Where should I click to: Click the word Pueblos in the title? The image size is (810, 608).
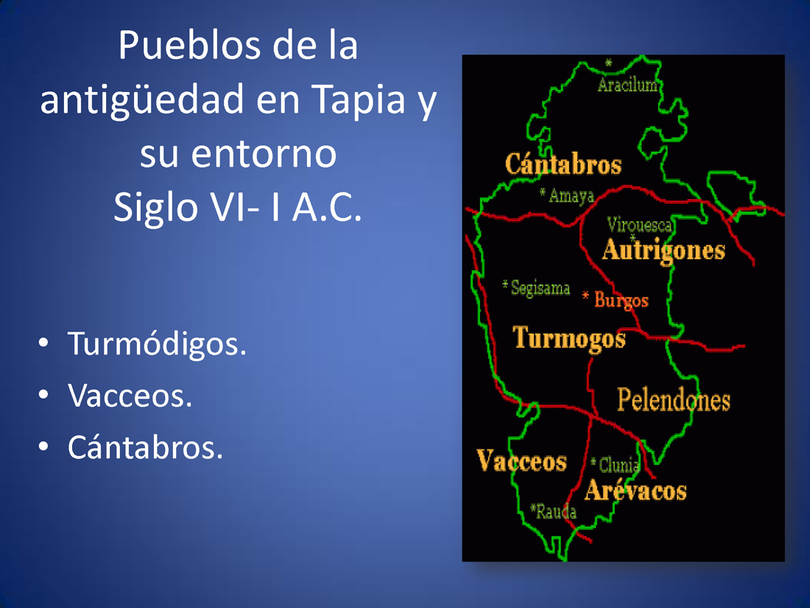click(x=189, y=45)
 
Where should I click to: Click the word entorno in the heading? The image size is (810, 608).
click(x=264, y=155)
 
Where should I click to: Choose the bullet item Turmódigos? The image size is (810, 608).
click(x=157, y=344)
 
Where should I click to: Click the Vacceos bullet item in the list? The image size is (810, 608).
click(x=130, y=396)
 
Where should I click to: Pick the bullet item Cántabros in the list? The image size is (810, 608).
click(x=145, y=447)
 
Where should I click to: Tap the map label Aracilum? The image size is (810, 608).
click(x=627, y=85)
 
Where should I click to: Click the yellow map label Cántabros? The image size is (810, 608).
click(x=563, y=164)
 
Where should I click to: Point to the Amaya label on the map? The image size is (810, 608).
click(x=571, y=195)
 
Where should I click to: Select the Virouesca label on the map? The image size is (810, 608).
click(x=639, y=224)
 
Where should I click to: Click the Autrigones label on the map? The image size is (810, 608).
click(x=663, y=251)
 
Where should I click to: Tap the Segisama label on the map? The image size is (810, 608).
click(x=540, y=287)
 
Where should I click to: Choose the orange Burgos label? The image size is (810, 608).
click(x=621, y=301)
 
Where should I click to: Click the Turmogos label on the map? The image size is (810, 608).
click(x=568, y=339)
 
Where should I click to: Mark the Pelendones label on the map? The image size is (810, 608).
click(x=674, y=399)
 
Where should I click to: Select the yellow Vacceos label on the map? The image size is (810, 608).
click(x=522, y=461)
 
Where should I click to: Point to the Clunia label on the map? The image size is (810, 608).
click(x=619, y=465)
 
